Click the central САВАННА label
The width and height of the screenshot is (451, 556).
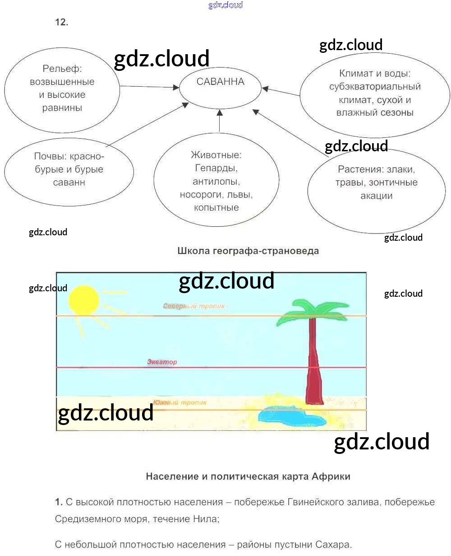(221, 82)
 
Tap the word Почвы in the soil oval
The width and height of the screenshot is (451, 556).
(50, 156)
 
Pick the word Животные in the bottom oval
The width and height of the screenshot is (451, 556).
(216, 155)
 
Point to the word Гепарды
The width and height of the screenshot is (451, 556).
(216, 168)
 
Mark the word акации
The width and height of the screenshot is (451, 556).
(377, 196)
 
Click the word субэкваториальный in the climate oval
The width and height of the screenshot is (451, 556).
(375, 87)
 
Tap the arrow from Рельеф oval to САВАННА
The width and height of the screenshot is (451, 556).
(149, 86)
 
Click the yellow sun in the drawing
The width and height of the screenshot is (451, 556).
(84, 300)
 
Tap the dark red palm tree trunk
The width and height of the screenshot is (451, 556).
(314, 366)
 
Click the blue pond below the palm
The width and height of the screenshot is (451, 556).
(286, 415)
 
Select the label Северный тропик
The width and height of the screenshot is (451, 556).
(194, 306)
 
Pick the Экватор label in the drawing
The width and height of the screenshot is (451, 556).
(162, 362)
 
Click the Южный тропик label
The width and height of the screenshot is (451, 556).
(180, 402)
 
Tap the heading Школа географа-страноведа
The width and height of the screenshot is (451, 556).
(248, 251)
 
